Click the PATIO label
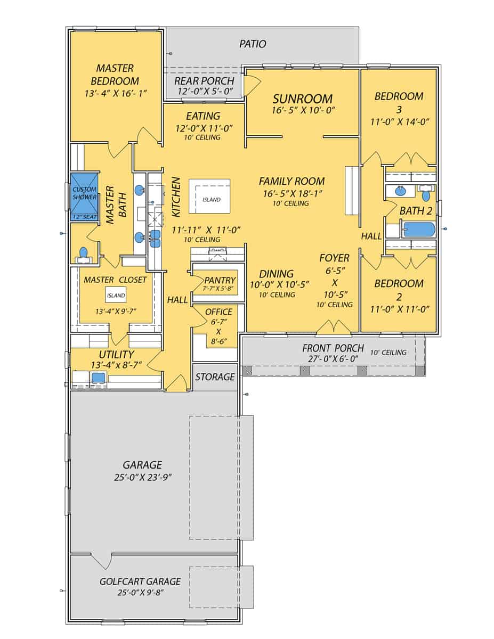253,44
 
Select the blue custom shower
84,196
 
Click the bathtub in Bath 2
419,231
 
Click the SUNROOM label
302,99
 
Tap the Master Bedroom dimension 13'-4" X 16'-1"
115,93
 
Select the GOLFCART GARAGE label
140,581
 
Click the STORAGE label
215,377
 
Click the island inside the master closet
116,295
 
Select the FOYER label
334,258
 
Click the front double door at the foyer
334,327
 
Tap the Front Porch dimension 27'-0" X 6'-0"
333,359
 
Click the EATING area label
203,116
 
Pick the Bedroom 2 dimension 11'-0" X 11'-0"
399,308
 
